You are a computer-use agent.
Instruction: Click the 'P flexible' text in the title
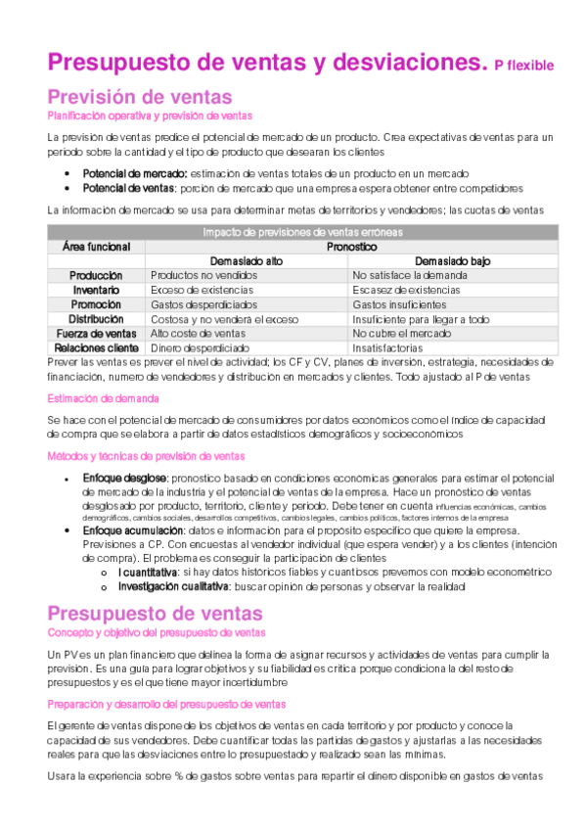tap(523, 66)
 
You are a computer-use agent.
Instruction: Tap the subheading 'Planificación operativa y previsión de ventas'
tap(150, 115)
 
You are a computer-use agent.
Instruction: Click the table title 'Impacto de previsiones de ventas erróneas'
tap(302, 233)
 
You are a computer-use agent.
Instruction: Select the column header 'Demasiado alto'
tap(247, 262)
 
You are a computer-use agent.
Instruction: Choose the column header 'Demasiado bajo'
tap(452, 262)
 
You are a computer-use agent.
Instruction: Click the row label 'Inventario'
tap(96, 291)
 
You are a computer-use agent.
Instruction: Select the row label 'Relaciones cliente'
tap(96, 347)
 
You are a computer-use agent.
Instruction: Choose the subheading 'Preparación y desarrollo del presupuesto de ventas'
tap(166, 704)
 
